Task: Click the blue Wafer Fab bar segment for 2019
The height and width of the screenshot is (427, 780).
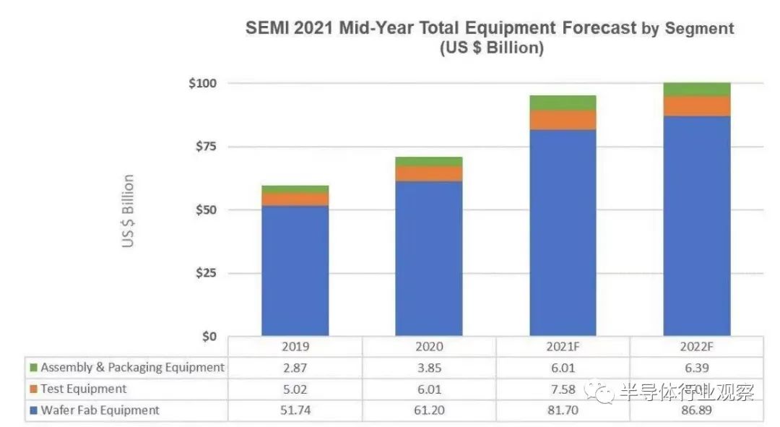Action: [x=295, y=271]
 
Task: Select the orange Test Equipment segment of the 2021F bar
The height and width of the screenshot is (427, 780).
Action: [x=563, y=120]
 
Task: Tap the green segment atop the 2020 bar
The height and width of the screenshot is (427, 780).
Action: [x=429, y=161]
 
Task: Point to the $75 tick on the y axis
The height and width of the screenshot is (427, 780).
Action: [x=203, y=147]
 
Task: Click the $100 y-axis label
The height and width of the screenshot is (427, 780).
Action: [x=201, y=83]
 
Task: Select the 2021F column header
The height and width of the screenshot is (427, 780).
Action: [x=563, y=346]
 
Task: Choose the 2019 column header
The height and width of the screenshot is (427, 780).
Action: [x=295, y=346]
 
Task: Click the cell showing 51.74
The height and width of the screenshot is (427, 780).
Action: [x=295, y=411]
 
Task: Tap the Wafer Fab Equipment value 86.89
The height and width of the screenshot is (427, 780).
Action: [x=697, y=411]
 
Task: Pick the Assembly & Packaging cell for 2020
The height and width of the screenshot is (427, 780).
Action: [x=429, y=368]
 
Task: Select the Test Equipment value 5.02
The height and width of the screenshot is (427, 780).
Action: [x=295, y=389]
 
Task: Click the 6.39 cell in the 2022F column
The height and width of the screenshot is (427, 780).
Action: [x=697, y=368]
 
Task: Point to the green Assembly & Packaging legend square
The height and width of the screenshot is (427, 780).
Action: [x=32, y=368]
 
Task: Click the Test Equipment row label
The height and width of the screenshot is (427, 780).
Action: [x=83, y=389]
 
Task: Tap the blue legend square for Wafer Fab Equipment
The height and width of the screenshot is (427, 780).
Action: [x=32, y=411]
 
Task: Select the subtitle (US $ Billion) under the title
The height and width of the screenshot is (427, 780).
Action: [x=490, y=49]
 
